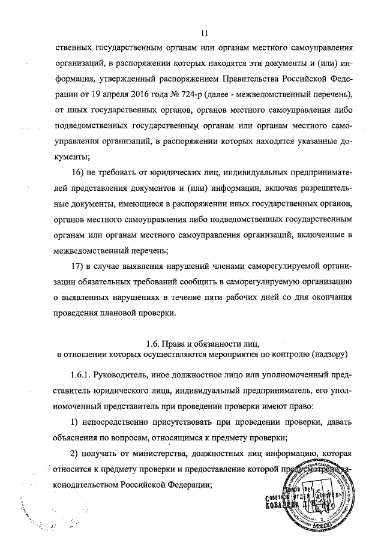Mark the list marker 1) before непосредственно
(76, 422)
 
